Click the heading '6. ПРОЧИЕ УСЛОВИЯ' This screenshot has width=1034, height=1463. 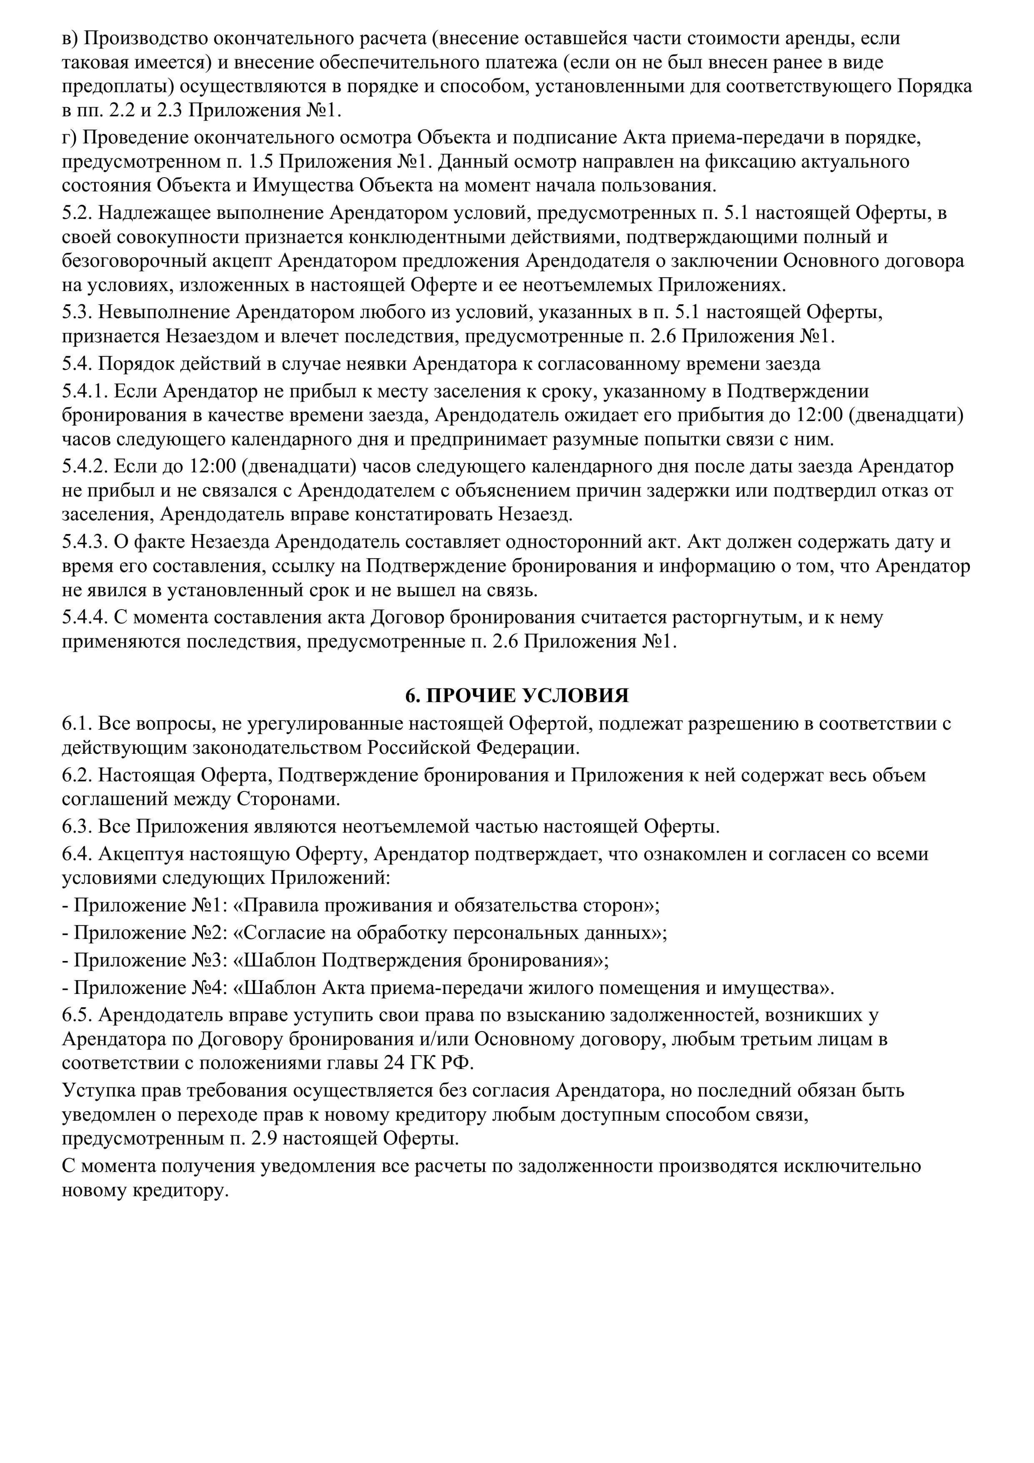517,695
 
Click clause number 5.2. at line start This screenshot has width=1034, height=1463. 77,213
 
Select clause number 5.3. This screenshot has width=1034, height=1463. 77,312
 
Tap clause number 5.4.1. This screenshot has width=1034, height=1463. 85,391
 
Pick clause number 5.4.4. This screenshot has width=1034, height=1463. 85,617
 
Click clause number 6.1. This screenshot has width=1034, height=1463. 77,724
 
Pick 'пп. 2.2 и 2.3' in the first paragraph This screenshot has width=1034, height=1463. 130,111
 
